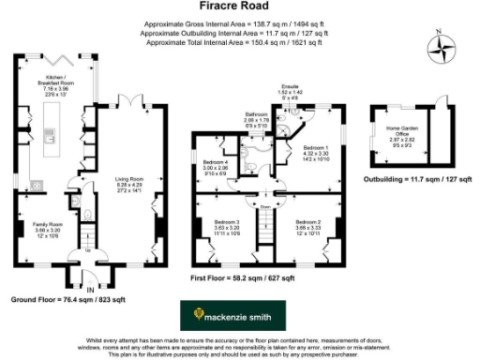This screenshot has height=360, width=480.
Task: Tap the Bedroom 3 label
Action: pyautogui.click(x=219, y=225)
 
